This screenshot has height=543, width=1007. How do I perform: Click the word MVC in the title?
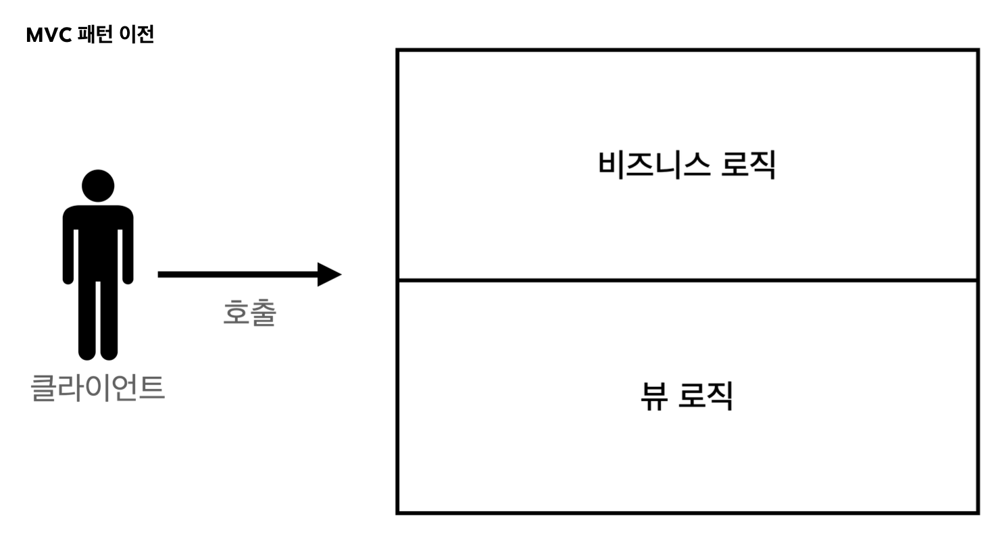tap(49, 34)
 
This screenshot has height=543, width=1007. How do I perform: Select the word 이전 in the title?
tap(137, 34)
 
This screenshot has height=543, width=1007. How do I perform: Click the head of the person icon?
tap(98, 185)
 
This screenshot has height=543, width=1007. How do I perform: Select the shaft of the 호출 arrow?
tap(237, 274)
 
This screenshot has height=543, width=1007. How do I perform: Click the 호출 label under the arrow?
tap(249, 313)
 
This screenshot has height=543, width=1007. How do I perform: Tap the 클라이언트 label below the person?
tap(98, 388)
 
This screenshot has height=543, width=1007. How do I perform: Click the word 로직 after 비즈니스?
tap(748, 164)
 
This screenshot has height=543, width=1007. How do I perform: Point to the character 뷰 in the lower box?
tap(654, 396)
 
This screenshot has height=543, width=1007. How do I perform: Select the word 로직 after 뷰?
tap(707, 396)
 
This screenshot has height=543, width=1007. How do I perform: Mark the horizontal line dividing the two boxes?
tap(687, 280)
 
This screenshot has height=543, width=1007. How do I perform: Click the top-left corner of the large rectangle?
tap(397, 50)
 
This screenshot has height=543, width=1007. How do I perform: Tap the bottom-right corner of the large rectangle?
tap(978, 513)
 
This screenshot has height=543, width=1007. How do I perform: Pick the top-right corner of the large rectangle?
tap(978, 50)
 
